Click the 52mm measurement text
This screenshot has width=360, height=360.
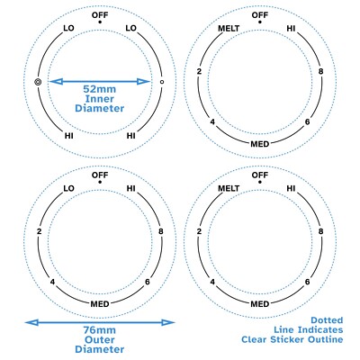[x=99, y=89]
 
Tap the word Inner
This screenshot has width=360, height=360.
[x=100, y=99]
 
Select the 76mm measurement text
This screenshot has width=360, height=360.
[x=99, y=330]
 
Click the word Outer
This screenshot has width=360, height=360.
[x=100, y=340]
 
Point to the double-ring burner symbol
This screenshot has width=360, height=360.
[x=38, y=82]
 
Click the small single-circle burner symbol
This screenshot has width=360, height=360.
[x=162, y=82]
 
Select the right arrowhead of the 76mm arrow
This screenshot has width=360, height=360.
[x=168, y=322]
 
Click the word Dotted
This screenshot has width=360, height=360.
[x=327, y=320]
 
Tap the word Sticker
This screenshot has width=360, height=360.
[x=288, y=339]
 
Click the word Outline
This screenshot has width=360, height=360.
[x=325, y=339]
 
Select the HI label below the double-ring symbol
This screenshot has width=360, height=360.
[x=69, y=136]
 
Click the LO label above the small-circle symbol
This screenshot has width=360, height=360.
[x=130, y=28]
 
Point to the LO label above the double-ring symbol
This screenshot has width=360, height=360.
[x=68, y=28]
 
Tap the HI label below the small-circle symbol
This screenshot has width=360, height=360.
[x=130, y=136]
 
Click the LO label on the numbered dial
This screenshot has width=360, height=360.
[x=68, y=188]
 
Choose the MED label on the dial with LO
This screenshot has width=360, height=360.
[x=100, y=304]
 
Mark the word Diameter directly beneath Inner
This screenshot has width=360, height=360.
[x=99, y=108]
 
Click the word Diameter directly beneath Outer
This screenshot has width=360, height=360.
[x=99, y=349]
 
